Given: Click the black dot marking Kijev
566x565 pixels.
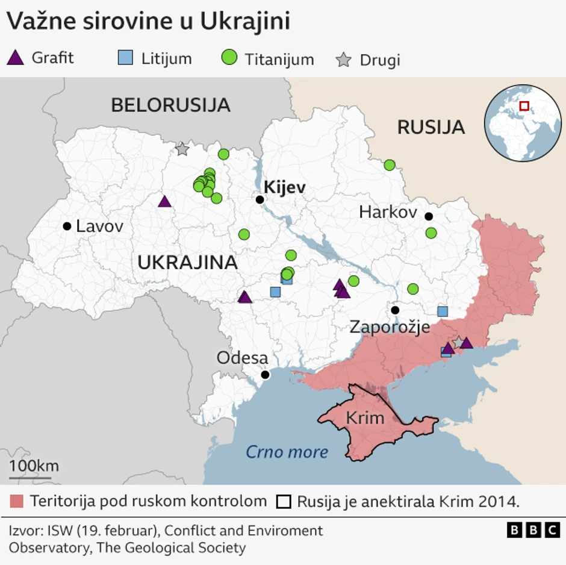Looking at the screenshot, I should pyautogui.click(x=260, y=200).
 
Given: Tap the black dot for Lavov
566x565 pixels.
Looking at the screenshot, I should pyautogui.click(x=67, y=226).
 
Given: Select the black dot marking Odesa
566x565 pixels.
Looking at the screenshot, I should pyautogui.click(x=265, y=375).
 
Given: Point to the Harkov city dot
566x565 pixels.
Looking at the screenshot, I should pyautogui.click(x=429, y=216).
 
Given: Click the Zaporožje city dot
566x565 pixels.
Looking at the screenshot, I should pyautogui.click(x=395, y=310).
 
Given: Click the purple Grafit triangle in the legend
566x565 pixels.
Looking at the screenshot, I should pyautogui.click(x=16, y=58).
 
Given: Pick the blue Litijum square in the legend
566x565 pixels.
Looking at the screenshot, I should pyautogui.click(x=125, y=58).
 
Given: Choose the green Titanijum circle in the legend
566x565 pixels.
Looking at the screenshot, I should pyautogui.click(x=229, y=58).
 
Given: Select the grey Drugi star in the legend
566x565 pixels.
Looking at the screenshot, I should pyautogui.click(x=343, y=60).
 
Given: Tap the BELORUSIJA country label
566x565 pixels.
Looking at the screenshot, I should pyautogui.click(x=170, y=105).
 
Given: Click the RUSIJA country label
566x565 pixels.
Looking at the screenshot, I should pyautogui.click(x=431, y=127).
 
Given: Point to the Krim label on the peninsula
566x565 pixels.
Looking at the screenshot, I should pyautogui.click(x=365, y=417).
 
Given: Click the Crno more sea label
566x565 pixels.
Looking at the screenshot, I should pyautogui.click(x=287, y=452).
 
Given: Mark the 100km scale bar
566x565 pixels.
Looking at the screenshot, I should pyautogui.click(x=30, y=478).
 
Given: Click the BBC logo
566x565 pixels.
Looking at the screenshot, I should pyautogui.click(x=533, y=529).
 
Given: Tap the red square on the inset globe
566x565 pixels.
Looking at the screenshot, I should pyautogui.click(x=524, y=106).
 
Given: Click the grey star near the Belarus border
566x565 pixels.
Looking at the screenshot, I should pyautogui.click(x=182, y=148).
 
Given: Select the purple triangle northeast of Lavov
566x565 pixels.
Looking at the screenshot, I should pyautogui.click(x=164, y=201).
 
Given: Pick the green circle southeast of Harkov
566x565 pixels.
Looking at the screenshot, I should pyautogui.click(x=431, y=233).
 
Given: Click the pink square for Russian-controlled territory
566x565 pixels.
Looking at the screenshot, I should pyautogui.click(x=17, y=501).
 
